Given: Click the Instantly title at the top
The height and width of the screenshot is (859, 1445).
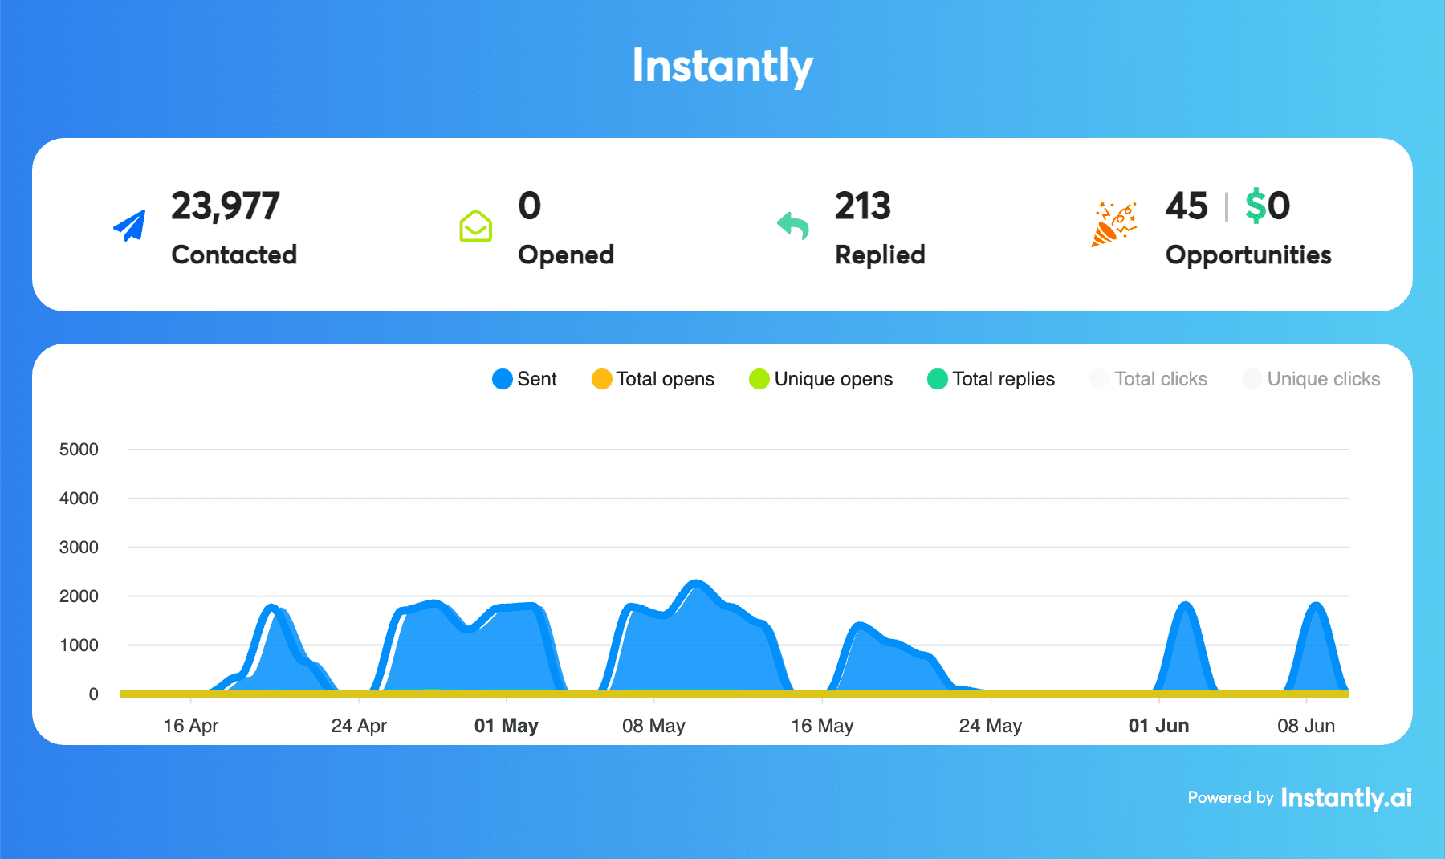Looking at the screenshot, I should [722, 66].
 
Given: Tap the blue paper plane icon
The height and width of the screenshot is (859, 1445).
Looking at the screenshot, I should [130, 226].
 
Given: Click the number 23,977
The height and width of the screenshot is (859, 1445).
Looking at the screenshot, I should [225, 206].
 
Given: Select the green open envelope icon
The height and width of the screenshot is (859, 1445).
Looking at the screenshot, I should [475, 226].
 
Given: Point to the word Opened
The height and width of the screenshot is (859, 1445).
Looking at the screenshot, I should [566, 254].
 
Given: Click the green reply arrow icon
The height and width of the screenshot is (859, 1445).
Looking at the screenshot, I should [793, 226].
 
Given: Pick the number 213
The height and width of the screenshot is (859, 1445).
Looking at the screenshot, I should [862, 206].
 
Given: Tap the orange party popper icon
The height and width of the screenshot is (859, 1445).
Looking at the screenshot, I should [1113, 224].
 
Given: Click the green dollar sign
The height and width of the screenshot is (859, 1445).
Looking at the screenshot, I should [1255, 206].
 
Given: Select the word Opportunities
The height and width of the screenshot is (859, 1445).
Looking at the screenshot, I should [1248, 254].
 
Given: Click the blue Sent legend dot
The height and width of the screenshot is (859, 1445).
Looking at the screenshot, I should [503, 379].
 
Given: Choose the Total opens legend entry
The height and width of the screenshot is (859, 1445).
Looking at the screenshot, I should [653, 379].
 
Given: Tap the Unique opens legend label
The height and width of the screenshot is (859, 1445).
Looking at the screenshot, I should [833, 379].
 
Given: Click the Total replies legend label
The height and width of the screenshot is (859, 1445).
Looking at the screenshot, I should [1003, 379].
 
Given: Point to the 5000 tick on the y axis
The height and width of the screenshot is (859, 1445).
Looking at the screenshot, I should [79, 450].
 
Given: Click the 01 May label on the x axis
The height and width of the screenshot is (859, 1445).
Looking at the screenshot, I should [506, 726].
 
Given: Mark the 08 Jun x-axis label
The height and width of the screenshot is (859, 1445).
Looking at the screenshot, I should [1305, 726].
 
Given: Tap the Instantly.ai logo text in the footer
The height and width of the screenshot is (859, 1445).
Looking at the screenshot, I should [1345, 797].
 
